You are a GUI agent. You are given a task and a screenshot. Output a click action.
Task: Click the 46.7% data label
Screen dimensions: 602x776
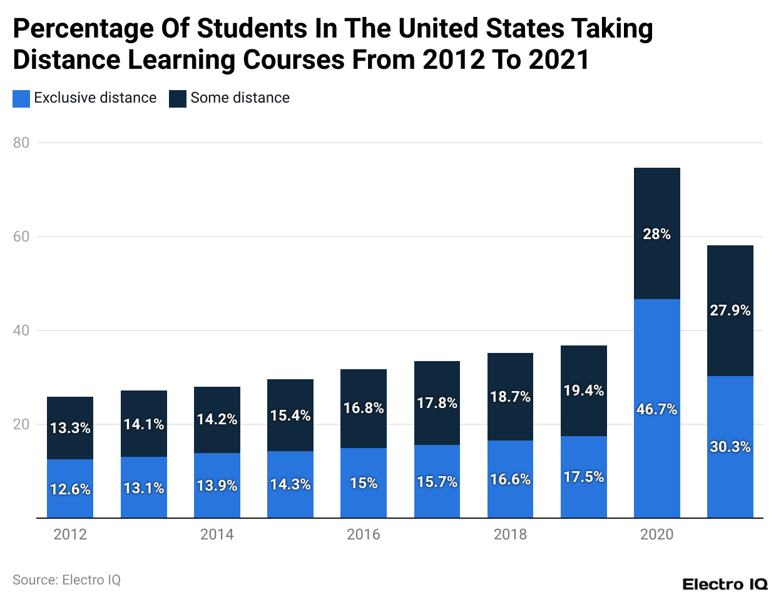click(x=656, y=409)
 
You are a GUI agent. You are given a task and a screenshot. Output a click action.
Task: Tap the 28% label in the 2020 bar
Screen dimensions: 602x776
click(x=656, y=234)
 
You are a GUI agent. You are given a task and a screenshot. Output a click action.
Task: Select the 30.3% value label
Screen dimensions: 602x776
click(x=730, y=447)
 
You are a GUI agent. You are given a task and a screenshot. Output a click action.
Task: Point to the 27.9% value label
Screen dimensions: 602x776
click(x=730, y=310)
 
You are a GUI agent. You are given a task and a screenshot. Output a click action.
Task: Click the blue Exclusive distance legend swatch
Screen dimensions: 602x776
click(x=21, y=98)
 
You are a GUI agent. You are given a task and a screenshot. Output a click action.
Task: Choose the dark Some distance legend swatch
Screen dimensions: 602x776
click(x=178, y=98)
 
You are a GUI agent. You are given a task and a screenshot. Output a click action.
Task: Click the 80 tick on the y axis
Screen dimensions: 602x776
click(x=21, y=143)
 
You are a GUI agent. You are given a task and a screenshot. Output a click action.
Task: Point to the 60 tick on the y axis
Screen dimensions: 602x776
click(x=21, y=237)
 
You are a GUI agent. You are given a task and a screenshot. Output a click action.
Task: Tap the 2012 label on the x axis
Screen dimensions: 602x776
click(x=70, y=534)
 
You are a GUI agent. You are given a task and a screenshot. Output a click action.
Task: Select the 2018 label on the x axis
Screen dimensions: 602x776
click(x=510, y=534)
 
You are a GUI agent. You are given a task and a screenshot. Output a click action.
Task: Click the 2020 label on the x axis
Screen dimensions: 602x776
click(x=656, y=534)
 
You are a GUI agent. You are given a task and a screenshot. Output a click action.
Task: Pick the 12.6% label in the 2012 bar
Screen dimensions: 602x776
click(x=70, y=489)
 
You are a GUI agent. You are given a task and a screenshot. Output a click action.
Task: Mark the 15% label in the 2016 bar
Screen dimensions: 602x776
click(x=364, y=483)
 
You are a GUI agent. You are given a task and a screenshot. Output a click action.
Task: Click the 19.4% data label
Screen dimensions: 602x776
click(x=583, y=390)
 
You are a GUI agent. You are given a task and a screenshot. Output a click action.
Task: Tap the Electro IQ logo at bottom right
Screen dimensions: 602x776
click(x=725, y=584)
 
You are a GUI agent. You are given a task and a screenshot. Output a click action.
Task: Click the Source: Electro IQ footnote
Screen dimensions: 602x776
click(x=66, y=580)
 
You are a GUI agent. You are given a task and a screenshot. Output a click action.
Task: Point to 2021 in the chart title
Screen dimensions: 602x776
click(x=559, y=60)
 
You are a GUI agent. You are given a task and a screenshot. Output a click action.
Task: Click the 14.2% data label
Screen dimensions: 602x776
click(x=217, y=419)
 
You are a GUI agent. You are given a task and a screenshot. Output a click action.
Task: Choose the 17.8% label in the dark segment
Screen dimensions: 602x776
click(x=437, y=403)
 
